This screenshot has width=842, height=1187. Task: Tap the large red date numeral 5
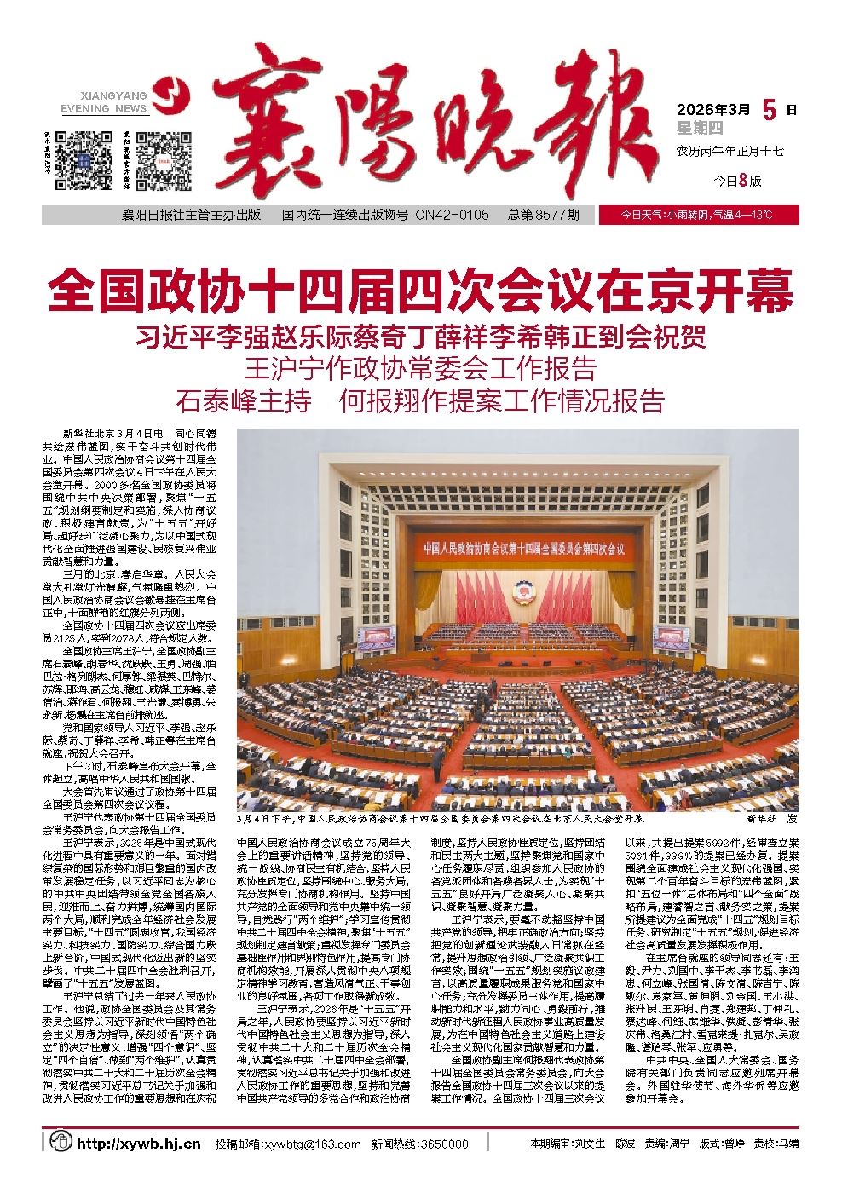pyautogui.click(x=770, y=109)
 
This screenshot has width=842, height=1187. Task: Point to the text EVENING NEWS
pyautogui.click(x=105, y=109)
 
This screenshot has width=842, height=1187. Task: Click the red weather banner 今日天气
pyautogui.click(x=698, y=216)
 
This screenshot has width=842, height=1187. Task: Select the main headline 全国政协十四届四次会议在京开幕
pyautogui.click(x=420, y=290)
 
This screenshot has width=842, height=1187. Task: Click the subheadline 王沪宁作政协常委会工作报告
pyautogui.click(x=420, y=369)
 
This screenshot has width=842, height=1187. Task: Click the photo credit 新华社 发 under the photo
pyautogui.click(x=770, y=818)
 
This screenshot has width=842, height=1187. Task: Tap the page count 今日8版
pyautogui.click(x=736, y=181)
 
